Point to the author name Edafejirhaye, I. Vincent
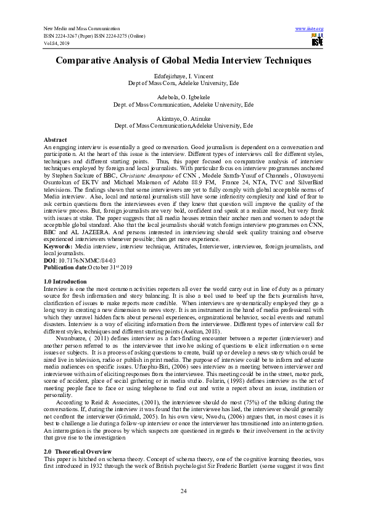(183, 75)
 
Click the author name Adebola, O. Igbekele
(183, 98)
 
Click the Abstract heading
(57, 140)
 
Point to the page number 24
(183, 491)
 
